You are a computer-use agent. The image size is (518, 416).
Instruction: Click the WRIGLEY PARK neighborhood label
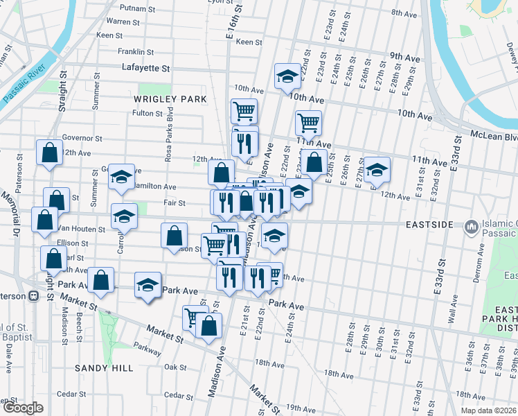click(x=170, y=99)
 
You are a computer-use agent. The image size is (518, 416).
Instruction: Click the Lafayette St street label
click(x=145, y=68)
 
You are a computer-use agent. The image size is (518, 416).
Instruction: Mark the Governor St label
click(x=82, y=138)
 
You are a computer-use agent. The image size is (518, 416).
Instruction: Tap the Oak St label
click(x=175, y=367)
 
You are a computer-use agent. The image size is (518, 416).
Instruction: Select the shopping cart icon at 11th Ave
click(x=308, y=123)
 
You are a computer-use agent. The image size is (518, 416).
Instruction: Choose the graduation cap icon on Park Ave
click(x=148, y=284)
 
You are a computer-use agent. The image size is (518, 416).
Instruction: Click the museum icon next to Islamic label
click(x=472, y=225)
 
